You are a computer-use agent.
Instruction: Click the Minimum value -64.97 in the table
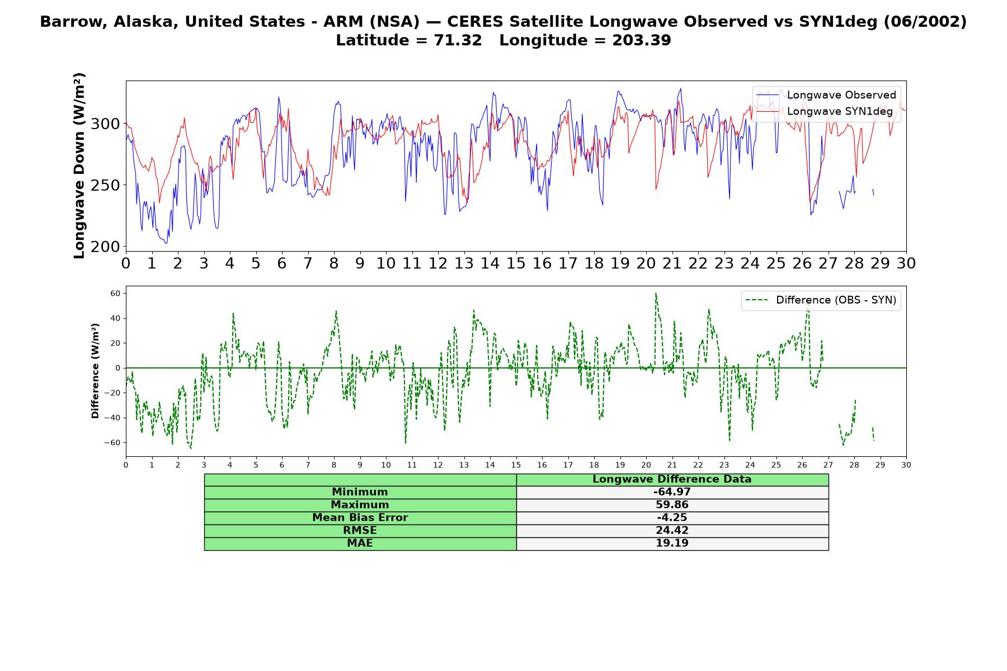coord(672,492)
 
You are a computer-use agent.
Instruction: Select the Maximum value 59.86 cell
coord(672,505)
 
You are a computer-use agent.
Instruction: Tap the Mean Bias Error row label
coord(360,518)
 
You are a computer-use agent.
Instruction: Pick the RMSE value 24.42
coord(672,531)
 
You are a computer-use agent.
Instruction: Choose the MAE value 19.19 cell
coord(672,544)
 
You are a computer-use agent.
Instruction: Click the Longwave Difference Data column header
coord(672,479)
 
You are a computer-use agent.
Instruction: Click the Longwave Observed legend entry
coord(826,95)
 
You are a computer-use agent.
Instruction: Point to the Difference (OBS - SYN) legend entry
coord(821,300)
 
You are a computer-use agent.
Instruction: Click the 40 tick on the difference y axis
coord(115,318)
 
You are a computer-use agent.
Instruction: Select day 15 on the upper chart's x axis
coord(516,263)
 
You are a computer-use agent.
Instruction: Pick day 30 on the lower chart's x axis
coord(906,465)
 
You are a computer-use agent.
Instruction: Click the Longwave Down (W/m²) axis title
coord(79,166)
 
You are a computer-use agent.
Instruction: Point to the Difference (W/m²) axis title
coord(95,371)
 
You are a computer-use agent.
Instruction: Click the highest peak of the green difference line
coord(656,293)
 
